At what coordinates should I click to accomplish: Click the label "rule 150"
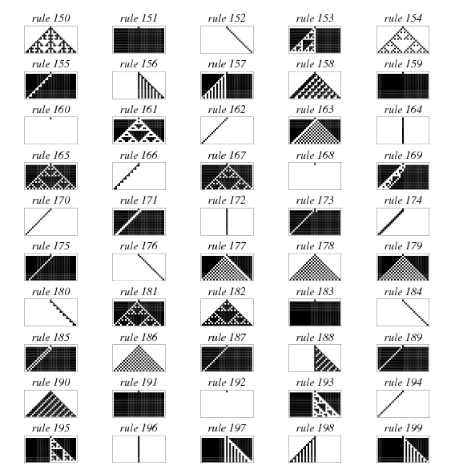[50, 18]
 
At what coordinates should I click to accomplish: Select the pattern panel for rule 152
[227, 39]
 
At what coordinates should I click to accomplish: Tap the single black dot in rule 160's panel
[50, 118]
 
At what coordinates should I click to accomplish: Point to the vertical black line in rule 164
[403, 131]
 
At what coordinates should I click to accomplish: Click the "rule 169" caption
[403, 155]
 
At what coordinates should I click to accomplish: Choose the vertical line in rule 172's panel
[227, 221]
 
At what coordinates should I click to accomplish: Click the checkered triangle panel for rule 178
[315, 267]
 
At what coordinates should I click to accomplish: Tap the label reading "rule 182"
[227, 291]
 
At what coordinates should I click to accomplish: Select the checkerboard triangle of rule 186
[139, 359]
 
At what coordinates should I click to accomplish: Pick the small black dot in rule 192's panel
[227, 391]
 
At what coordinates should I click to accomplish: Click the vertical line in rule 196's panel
[139, 449]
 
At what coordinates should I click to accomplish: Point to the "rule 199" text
[403, 428]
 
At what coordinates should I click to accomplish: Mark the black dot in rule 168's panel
[315, 164]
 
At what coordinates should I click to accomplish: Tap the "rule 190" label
[50, 383]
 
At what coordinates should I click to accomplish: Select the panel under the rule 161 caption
[139, 131]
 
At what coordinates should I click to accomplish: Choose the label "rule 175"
[50, 245]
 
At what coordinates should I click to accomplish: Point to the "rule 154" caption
[403, 18]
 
